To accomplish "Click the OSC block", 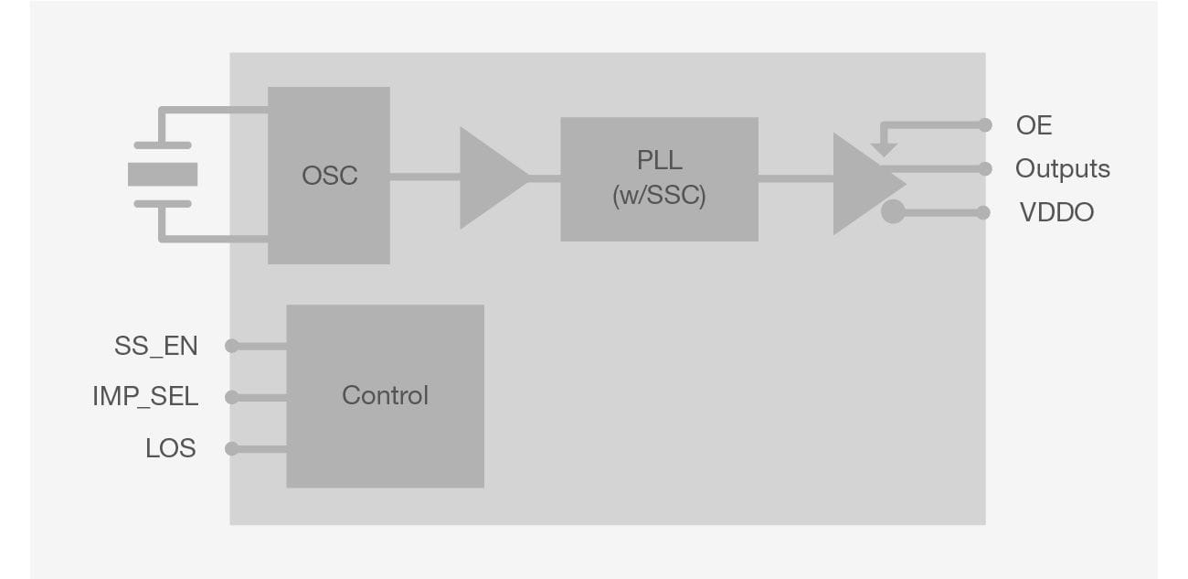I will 329,176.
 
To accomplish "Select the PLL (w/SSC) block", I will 659,179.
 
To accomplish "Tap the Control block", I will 385,395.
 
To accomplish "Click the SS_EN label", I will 155,346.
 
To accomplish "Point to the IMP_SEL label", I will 145,397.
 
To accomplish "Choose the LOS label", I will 170,449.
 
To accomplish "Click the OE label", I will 1034,125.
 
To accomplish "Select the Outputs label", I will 1062,169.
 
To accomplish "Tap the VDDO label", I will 1056,213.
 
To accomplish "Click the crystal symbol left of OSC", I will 163,175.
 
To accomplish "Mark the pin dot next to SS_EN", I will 232,346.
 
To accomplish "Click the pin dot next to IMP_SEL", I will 232,397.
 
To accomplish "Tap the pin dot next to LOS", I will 232,449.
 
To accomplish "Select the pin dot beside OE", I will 984,125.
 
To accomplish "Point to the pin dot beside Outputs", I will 984,169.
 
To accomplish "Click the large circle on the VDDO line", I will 893,212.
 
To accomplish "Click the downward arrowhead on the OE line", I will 884,149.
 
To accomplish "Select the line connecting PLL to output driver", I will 795,179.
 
